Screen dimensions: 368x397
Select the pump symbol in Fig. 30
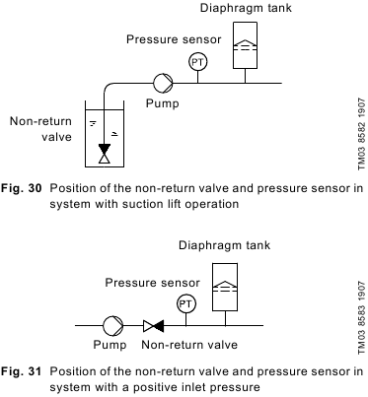click(x=163, y=83)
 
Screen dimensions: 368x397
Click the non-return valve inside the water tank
click(x=105, y=154)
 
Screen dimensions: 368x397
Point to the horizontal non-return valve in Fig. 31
click(x=154, y=326)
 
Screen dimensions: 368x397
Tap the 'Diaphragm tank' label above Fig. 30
click(x=246, y=8)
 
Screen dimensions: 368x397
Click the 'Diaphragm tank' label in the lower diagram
click(x=225, y=245)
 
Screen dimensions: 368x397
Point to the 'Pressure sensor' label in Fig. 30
click(x=174, y=39)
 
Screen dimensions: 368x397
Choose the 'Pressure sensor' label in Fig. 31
click(x=152, y=283)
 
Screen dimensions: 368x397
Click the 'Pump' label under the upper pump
click(x=163, y=103)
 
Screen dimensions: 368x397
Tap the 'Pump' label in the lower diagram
click(x=110, y=345)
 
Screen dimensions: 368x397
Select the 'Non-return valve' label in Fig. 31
click(x=189, y=345)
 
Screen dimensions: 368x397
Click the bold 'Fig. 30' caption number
click(x=22, y=188)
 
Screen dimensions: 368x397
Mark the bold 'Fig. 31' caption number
click(x=22, y=371)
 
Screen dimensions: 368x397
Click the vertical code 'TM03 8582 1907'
click(x=362, y=134)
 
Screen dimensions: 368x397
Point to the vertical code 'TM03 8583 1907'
click(x=362, y=317)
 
